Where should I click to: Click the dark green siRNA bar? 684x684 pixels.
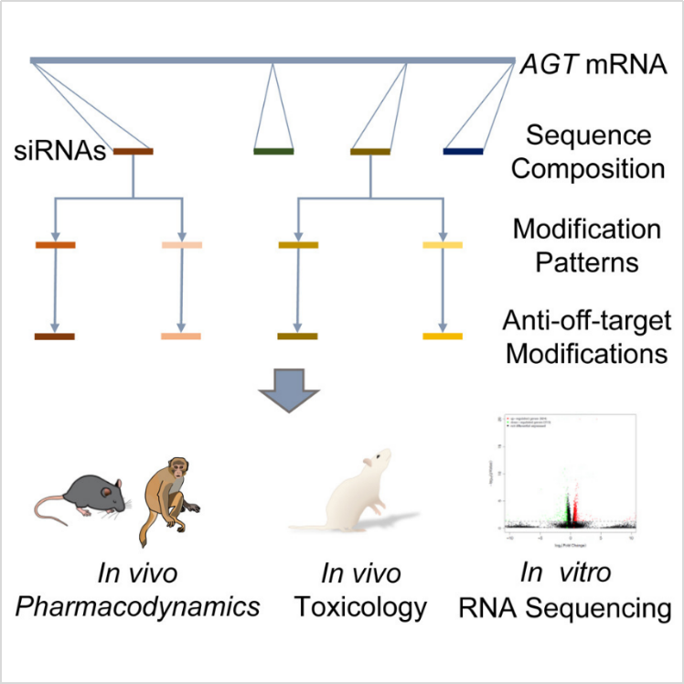point(273,151)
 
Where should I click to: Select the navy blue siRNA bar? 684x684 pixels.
point(463,151)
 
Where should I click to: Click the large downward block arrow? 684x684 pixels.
point(289,395)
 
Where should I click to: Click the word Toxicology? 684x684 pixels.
point(360,607)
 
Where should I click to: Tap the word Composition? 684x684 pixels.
point(587,168)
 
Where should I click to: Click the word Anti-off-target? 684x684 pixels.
point(586,321)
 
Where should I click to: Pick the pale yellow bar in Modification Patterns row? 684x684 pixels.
point(443,245)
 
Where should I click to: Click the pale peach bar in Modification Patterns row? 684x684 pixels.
point(181,245)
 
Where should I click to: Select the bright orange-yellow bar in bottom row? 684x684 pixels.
point(443,337)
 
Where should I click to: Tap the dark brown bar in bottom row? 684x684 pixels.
point(55,337)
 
